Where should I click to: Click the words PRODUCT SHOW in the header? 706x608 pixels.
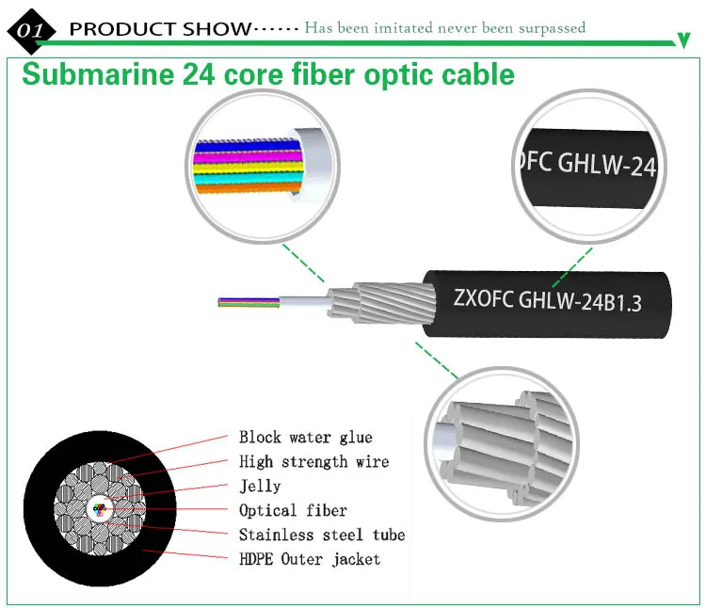160,28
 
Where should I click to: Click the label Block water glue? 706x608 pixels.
305,437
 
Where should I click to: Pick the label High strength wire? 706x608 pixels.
313,461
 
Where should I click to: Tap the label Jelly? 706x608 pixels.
260,486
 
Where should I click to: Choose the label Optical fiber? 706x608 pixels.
293,510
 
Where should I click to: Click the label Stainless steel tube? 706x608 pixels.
321,535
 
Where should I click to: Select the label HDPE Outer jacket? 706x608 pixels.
309,559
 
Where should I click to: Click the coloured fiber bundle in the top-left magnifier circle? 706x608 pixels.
247,166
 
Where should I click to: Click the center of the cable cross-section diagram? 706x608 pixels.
100,509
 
